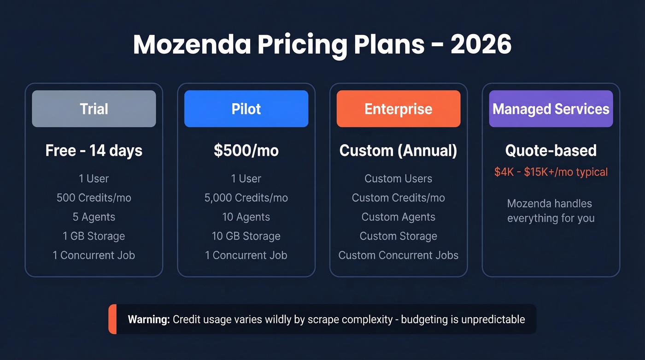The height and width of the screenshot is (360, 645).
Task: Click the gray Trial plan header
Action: pyautogui.click(x=94, y=109)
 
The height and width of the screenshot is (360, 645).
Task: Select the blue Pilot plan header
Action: pyautogui.click(x=246, y=109)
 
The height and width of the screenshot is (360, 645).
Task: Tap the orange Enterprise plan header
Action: pyautogui.click(x=399, y=109)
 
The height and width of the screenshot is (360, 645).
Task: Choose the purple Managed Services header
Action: pyautogui.click(x=551, y=109)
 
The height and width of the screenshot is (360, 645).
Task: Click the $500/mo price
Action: pyautogui.click(x=246, y=151)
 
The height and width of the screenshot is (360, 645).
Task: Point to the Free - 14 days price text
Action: pyautogui.click(x=94, y=151)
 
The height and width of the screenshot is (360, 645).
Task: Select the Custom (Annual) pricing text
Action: pyautogui.click(x=399, y=151)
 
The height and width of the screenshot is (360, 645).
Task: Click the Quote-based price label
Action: pyautogui.click(x=551, y=151)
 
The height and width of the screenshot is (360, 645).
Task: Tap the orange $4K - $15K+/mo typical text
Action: pyautogui.click(x=551, y=172)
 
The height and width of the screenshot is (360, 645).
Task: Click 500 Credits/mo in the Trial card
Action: pyautogui.click(x=94, y=198)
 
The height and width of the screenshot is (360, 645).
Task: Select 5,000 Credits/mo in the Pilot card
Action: pyautogui.click(x=246, y=198)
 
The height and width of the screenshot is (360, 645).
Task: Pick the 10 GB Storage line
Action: pyautogui.click(x=246, y=236)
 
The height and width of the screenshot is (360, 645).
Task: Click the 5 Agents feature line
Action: pyautogui.click(x=94, y=217)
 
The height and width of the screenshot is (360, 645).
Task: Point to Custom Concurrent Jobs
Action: pyautogui.click(x=399, y=255)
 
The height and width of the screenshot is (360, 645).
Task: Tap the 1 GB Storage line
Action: pyautogui.click(x=94, y=236)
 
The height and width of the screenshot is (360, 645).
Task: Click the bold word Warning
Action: pyautogui.click(x=149, y=319)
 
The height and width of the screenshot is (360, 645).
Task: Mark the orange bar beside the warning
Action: pyautogui.click(x=112, y=319)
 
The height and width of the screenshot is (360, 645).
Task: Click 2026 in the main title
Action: pyautogui.click(x=481, y=45)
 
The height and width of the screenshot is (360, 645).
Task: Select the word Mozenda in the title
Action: pyautogui.click(x=192, y=45)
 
